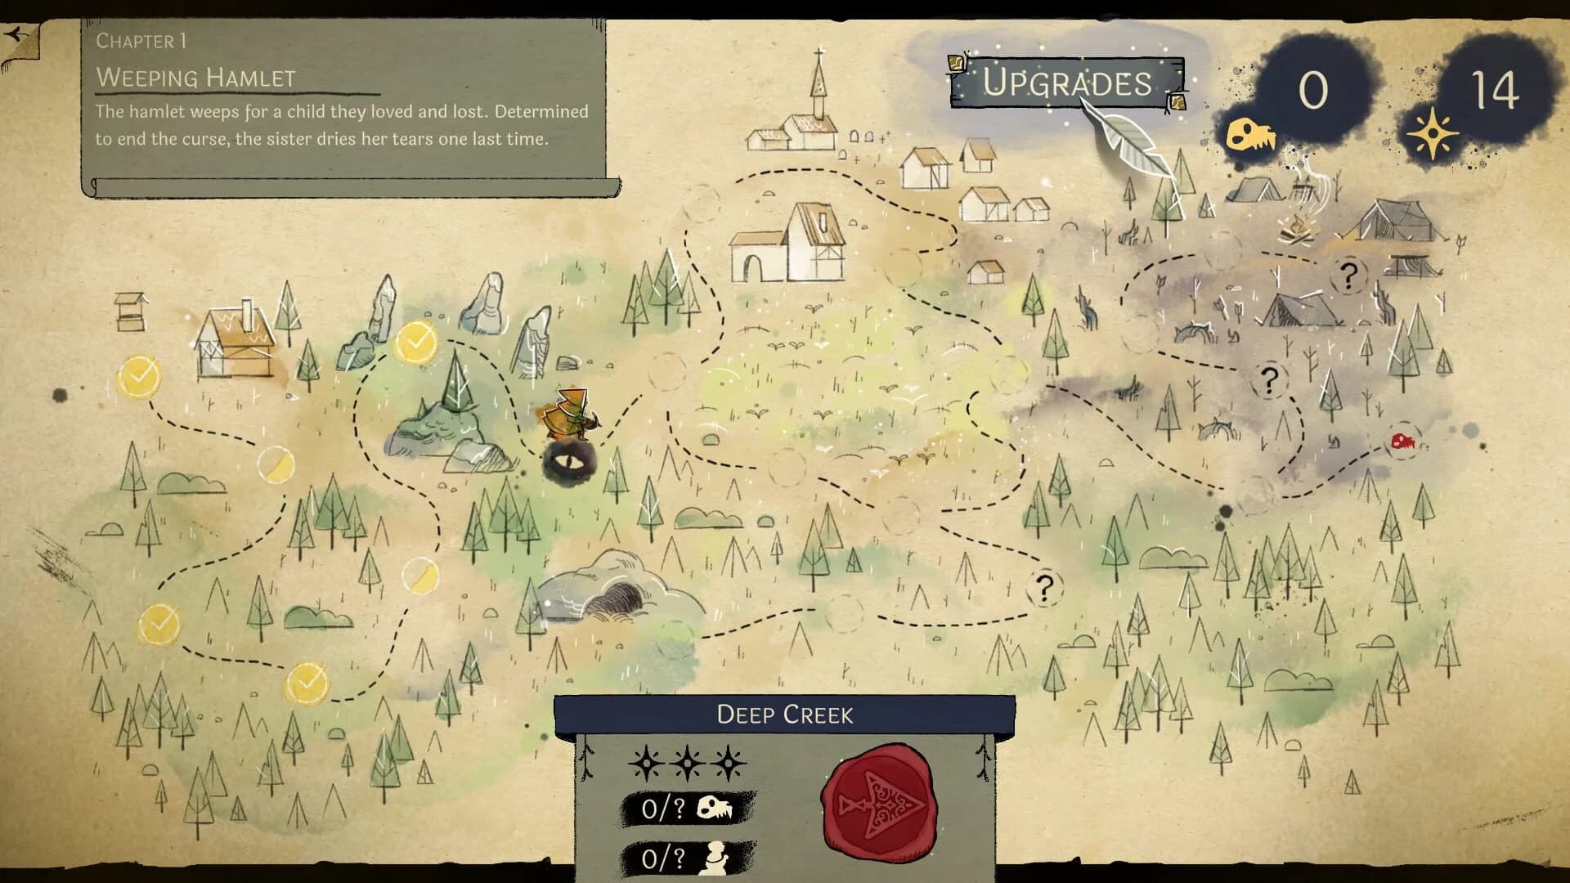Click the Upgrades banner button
point(1066,83)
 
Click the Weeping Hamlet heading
point(195,78)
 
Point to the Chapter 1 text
point(141,41)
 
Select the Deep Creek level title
point(784,715)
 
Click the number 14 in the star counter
point(1494,90)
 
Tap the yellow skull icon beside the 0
point(1249,135)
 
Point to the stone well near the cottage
point(131,311)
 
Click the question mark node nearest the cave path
point(1044,587)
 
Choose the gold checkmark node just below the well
point(139,377)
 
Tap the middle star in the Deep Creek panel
point(688,764)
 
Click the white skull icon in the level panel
point(715,809)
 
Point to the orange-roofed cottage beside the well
point(235,343)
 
